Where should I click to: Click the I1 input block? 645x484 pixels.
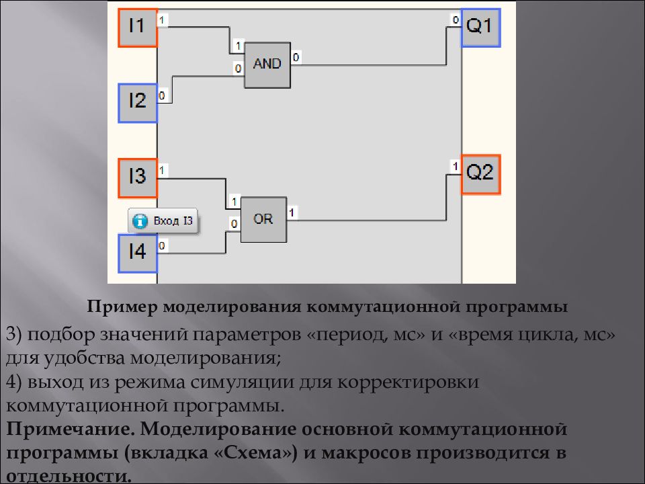(138, 28)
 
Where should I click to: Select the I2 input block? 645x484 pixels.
(138, 103)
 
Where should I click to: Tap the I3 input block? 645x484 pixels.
(138, 177)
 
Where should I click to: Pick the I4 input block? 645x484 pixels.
(138, 253)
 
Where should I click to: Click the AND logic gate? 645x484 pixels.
(267, 65)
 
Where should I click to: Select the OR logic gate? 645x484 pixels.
(263, 219)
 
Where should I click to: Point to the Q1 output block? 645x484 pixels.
(480, 27)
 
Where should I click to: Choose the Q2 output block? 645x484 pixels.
(480, 174)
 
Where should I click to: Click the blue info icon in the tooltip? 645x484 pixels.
(140, 221)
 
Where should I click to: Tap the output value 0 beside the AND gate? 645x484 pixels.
(296, 57)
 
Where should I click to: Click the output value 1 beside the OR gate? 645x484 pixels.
(292, 212)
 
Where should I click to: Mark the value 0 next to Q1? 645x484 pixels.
(456, 19)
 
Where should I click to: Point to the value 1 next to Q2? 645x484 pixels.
(456, 166)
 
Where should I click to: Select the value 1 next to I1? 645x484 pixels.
(162, 20)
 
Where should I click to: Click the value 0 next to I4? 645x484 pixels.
(162, 246)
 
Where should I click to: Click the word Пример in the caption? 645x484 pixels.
(122, 307)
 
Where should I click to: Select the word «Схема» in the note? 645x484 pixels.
(256, 452)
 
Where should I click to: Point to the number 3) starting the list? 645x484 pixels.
(13, 334)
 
